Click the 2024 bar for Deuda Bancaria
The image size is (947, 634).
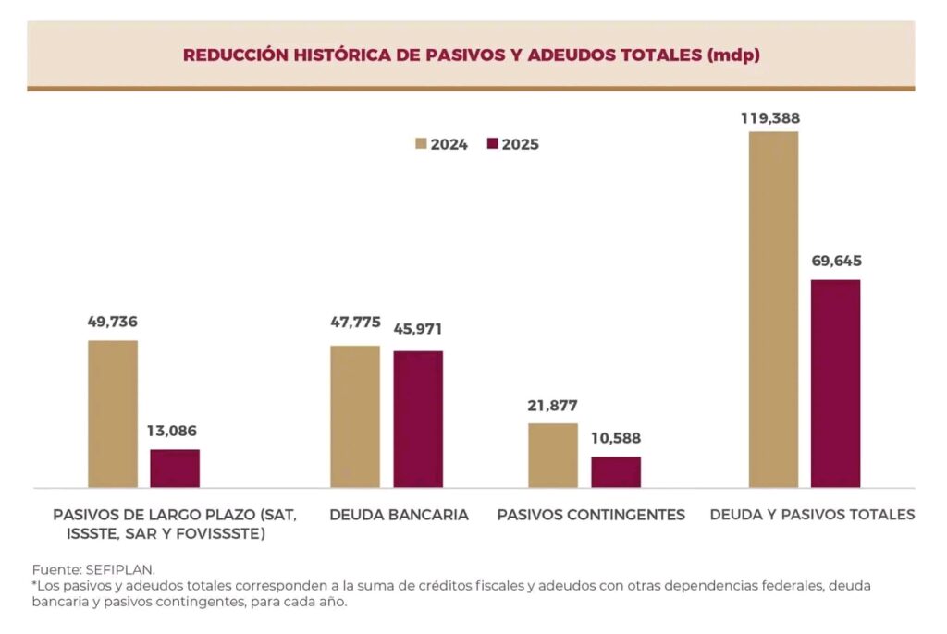pos(355,416)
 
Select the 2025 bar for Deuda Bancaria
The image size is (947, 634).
pos(418,419)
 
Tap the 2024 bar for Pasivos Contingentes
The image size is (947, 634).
pos(553,455)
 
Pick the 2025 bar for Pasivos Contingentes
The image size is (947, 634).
pos(616,471)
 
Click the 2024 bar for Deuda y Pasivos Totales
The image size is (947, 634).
pos(773,309)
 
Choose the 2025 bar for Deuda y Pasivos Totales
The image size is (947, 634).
pos(836,383)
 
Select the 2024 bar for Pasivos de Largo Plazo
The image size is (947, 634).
pos(113,413)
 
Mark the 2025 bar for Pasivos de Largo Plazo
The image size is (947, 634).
pos(175,468)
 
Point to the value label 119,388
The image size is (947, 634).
pos(770,118)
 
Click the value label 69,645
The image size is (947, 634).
pos(835,261)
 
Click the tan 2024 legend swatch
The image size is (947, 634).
pos(421,144)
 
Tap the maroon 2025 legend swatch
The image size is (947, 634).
pos(492,144)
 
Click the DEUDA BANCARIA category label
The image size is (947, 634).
pos(399,515)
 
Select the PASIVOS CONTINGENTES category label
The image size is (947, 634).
pos(591,515)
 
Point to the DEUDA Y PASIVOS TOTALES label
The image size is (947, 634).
pos(812,515)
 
